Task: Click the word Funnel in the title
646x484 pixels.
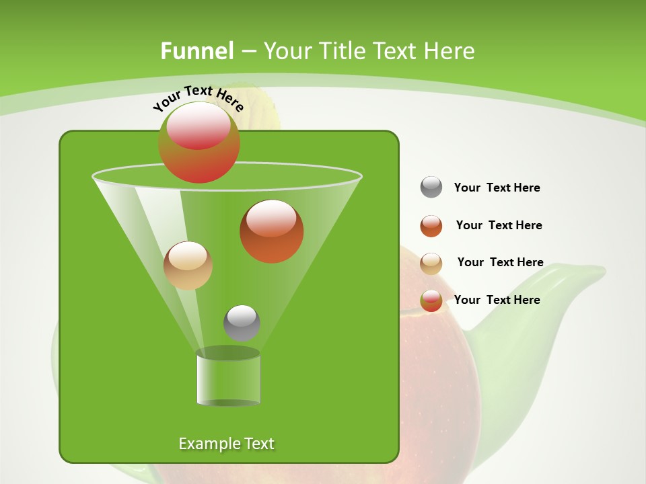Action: [x=196, y=51]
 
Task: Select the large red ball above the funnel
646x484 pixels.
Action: [x=199, y=142]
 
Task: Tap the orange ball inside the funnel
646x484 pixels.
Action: [x=271, y=231]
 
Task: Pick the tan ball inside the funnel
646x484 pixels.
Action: [x=188, y=266]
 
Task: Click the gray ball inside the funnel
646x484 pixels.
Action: [x=242, y=323]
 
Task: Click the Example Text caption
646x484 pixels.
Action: [x=226, y=444]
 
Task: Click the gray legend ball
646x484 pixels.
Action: [x=431, y=187]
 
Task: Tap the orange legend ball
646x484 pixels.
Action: [x=431, y=226]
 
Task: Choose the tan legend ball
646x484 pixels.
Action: [x=431, y=264]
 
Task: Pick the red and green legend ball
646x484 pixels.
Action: [x=431, y=300]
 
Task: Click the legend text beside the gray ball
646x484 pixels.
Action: [x=497, y=188]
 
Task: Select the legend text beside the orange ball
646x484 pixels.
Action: [x=499, y=225]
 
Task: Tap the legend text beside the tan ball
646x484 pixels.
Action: [x=500, y=262]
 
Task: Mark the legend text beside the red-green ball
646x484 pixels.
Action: [x=497, y=300]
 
